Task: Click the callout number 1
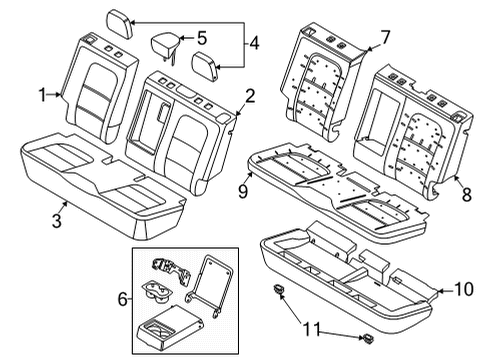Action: (x=43, y=95)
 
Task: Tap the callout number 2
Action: (x=250, y=96)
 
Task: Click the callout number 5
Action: (x=201, y=39)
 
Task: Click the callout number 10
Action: (x=461, y=290)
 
